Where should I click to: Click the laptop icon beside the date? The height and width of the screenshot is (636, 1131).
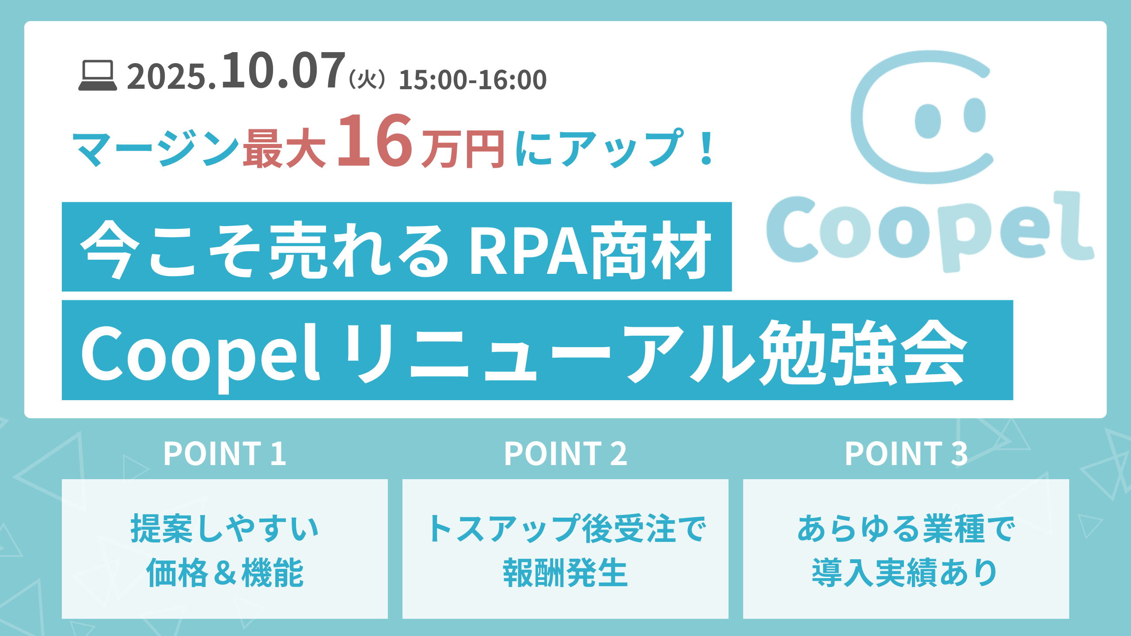pos(98,76)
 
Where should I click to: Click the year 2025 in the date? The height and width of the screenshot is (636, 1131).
pos(167,77)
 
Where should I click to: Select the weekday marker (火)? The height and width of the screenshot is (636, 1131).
pos(367,80)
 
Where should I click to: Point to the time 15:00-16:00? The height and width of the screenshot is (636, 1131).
pos(473,80)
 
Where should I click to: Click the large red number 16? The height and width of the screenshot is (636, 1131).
pos(375,140)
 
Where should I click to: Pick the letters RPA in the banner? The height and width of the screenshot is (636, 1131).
pos(528,250)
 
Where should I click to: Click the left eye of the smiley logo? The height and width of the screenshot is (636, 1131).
pos(927,121)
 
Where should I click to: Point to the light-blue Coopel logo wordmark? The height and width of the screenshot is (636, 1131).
pos(930,231)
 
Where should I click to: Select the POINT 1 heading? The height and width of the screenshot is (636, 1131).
pos(225,454)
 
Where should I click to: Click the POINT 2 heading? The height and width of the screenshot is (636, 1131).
pos(565,454)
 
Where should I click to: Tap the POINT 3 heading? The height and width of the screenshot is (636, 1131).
pos(906,454)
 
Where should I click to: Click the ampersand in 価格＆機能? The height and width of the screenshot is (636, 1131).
pos(225,573)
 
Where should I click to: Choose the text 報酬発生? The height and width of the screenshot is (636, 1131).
pos(565,572)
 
